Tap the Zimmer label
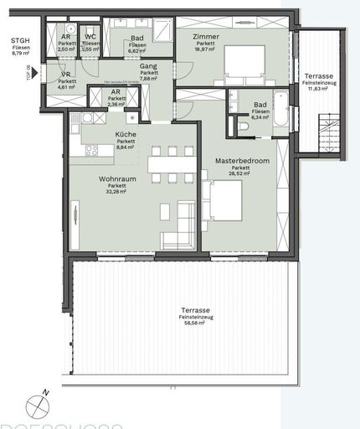205,38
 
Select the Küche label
126,134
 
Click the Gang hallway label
148,65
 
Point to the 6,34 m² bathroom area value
260,118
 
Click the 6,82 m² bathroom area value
136,50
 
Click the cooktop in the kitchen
92,151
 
